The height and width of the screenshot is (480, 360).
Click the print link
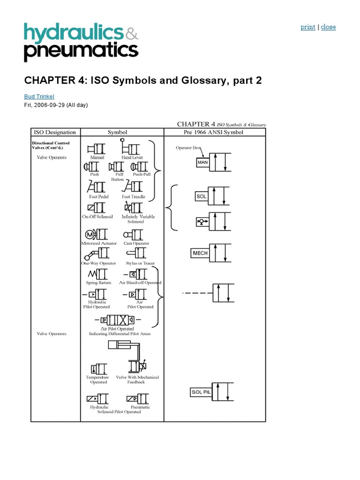coord(307,27)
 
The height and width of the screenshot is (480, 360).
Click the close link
coord(328,27)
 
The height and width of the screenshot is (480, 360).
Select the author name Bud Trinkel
coord(39,97)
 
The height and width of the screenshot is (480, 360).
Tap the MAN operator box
coord(202,162)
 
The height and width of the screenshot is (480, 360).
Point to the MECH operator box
coord(200,253)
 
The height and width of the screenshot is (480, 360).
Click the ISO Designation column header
coord(52,132)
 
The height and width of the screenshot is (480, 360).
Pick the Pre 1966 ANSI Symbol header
coord(215,132)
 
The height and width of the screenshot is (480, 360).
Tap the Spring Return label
coord(98,283)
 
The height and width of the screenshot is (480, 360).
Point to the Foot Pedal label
coord(99,197)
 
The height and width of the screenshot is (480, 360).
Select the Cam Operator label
coord(136,243)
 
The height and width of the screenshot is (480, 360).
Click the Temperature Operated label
coord(97,379)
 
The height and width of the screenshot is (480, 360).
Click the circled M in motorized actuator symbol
coord(89,234)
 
